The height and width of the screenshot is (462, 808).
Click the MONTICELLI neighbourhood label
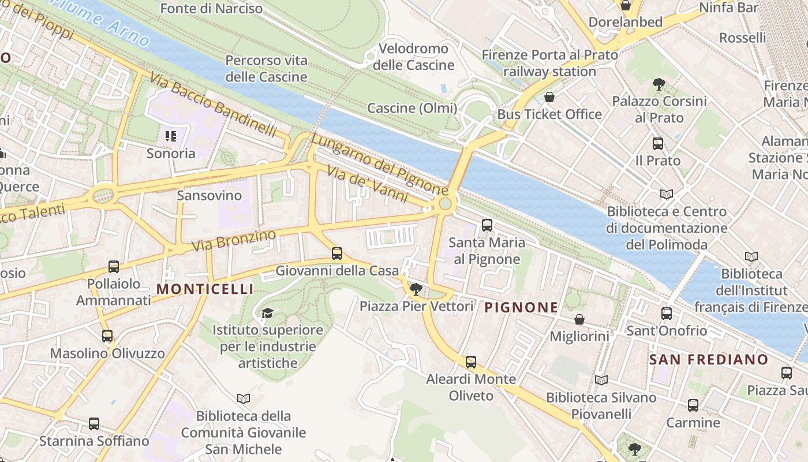click(x=205, y=289)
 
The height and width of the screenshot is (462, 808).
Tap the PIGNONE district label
click(x=521, y=307)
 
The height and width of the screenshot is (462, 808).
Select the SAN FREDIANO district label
click(x=709, y=359)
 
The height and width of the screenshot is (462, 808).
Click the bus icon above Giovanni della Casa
click(x=336, y=254)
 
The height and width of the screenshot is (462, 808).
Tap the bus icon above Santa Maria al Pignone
click(x=487, y=225)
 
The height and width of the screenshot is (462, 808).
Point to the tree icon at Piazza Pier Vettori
click(x=416, y=289)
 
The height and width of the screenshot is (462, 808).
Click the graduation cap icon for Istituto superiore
click(x=267, y=313)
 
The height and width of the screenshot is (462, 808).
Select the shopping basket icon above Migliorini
click(x=579, y=319)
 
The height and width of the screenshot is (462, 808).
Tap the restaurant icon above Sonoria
click(x=170, y=136)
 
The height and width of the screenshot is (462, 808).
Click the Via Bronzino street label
click(x=234, y=240)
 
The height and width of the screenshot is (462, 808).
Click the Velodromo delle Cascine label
click(x=413, y=57)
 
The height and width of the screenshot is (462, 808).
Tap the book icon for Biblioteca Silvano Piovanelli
click(x=601, y=381)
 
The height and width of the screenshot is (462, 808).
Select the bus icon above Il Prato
click(x=657, y=144)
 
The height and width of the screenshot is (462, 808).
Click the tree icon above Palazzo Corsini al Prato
click(x=659, y=84)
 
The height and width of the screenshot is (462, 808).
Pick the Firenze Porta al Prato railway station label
click(x=549, y=64)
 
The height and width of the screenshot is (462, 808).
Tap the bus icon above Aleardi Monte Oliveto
click(x=471, y=362)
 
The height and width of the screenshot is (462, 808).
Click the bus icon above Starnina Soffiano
click(x=94, y=424)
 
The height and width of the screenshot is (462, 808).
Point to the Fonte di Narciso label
click(x=211, y=9)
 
